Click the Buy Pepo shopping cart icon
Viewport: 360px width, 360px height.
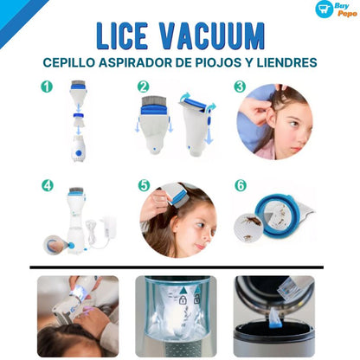pos(323,10)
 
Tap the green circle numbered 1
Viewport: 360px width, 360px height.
pos(47,87)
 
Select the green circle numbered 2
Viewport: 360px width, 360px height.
pos(144,87)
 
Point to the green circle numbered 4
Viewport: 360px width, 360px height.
pos(47,185)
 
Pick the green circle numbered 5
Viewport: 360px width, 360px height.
pos(144,185)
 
